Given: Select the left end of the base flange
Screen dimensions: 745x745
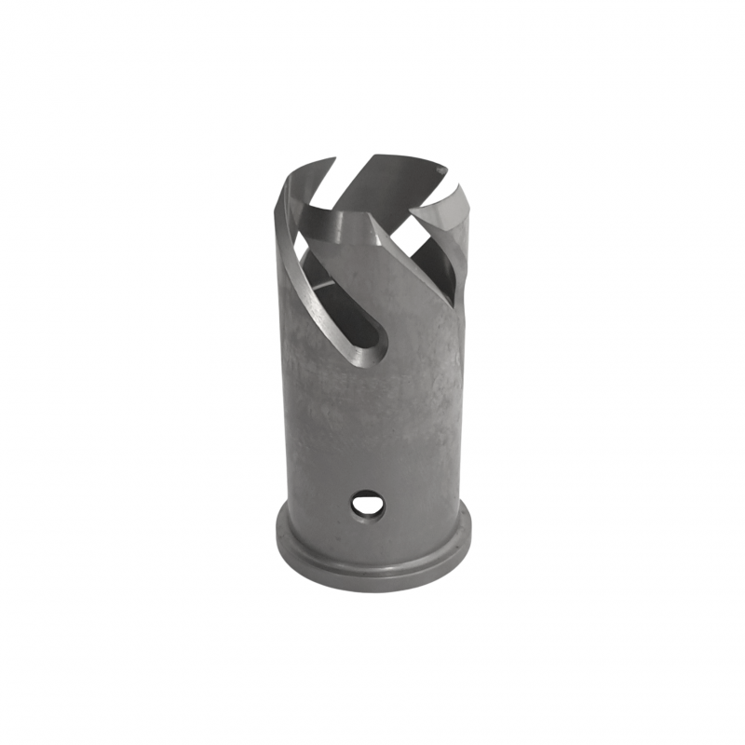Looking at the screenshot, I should [x=278, y=540].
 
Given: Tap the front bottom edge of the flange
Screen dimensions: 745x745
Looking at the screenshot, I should [x=372, y=589].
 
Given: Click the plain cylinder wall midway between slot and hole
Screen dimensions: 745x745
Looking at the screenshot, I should [x=372, y=428].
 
